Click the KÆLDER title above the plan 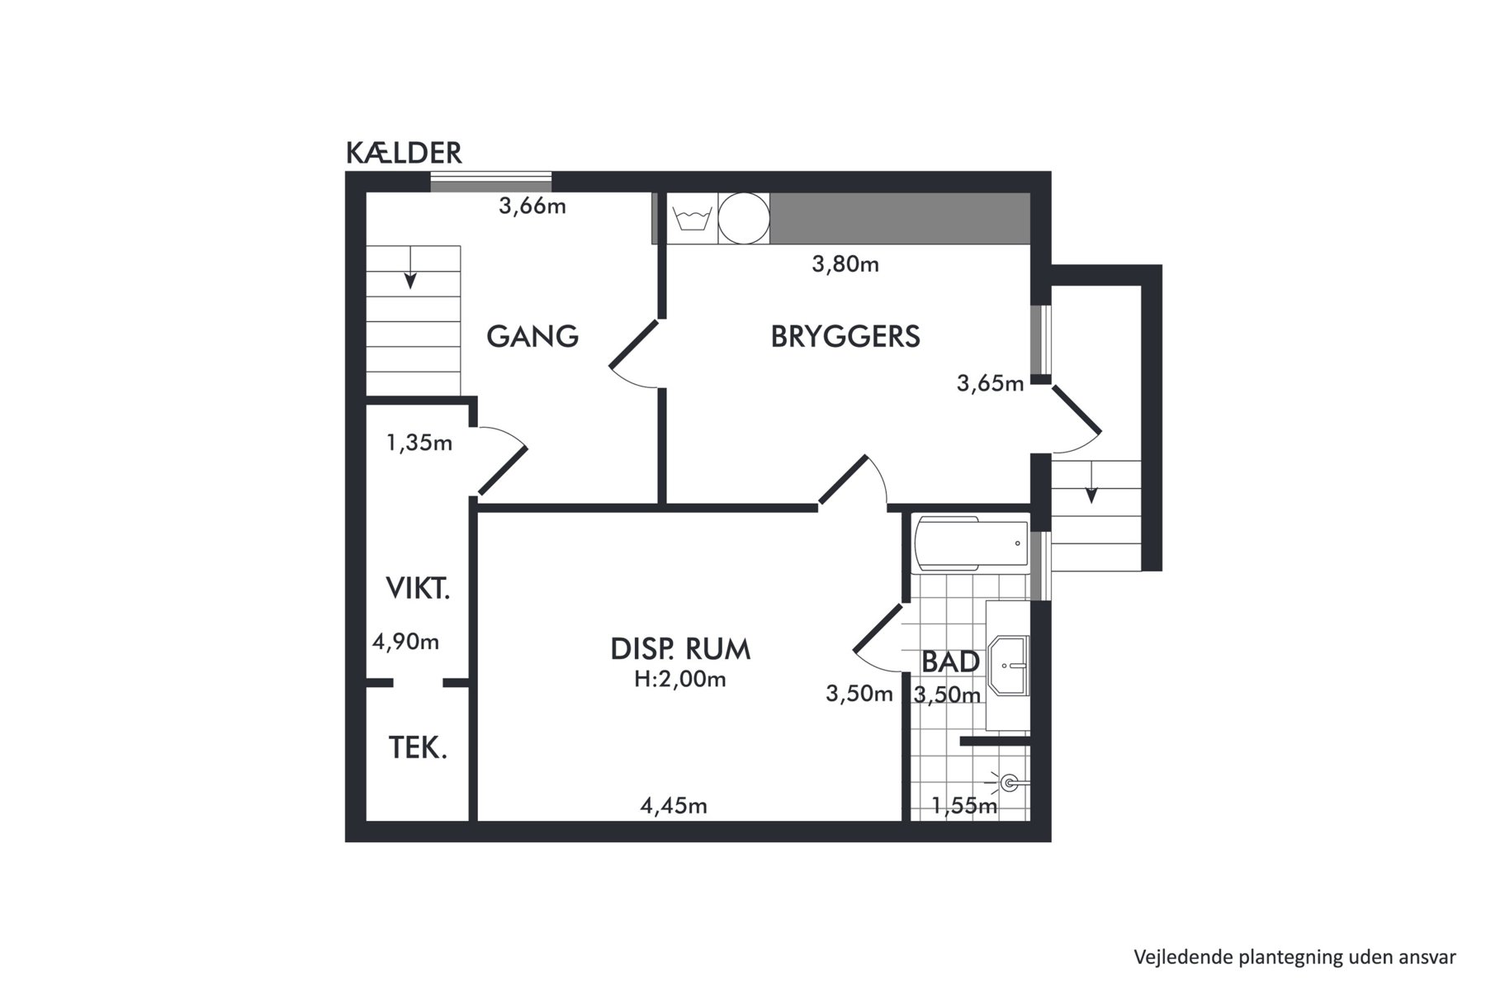click(x=404, y=154)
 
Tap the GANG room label click(x=532, y=336)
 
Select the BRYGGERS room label click(x=845, y=336)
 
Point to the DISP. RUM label click(x=680, y=649)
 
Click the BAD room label click(x=950, y=661)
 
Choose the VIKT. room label click(x=418, y=589)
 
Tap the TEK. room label click(x=418, y=748)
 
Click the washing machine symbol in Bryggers click(x=692, y=219)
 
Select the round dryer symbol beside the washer click(x=744, y=219)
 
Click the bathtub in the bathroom click(x=971, y=543)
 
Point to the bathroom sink click(x=1012, y=664)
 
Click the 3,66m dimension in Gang click(x=532, y=206)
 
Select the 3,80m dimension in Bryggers click(x=845, y=264)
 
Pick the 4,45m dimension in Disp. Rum click(x=674, y=805)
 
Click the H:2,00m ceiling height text click(x=680, y=680)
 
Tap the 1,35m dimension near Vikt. click(x=419, y=443)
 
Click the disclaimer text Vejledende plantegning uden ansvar click(x=1294, y=957)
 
